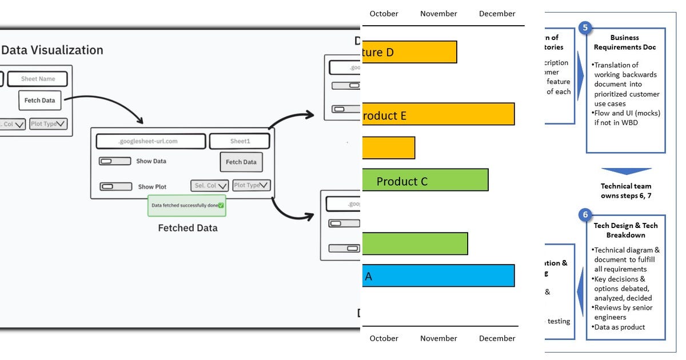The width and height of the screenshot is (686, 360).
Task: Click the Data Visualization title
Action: pyautogui.click(x=52, y=50)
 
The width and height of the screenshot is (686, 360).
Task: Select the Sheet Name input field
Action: pyautogui.click(x=38, y=79)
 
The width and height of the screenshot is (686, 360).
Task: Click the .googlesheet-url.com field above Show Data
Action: pyautogui.click(x=151, y=141)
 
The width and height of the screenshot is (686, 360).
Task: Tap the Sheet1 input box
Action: pyautogui.click(x=240, y=141)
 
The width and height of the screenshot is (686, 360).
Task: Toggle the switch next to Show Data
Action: pyautogui.click(x=115, y=161)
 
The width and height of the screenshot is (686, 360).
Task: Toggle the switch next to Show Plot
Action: pyautogui.click(x=116, y=186)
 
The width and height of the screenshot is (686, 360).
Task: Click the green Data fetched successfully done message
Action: pyautogui.click(x=187, y=205)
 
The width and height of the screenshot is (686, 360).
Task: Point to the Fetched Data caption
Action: pyautogui.click(x=188, y=228)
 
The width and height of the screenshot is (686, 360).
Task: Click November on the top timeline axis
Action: pyautogui.click(x=438, y=14)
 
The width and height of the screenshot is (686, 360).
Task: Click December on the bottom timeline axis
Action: pyautogui.click(x=497, y=338)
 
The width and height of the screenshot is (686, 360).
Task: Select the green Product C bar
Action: pyautogui.click(x=425, y=180)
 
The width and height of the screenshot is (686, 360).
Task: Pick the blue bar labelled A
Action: pyautogui.click(x=438, y=275)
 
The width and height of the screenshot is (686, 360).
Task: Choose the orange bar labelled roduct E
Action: pyautogui.click(x=438, y=114)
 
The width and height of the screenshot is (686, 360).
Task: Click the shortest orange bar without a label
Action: pyautogui.click(x=389, y=148)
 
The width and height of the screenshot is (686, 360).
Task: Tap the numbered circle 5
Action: pyautogui.click(x=585, y=28)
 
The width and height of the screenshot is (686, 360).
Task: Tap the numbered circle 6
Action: pyautogui.click(x=585, y=215)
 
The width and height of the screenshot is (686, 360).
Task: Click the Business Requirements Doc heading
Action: pyautogui.click(x=624, y=43)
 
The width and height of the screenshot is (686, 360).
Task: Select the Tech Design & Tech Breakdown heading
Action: pyautogui.click(x=625, y=230)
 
